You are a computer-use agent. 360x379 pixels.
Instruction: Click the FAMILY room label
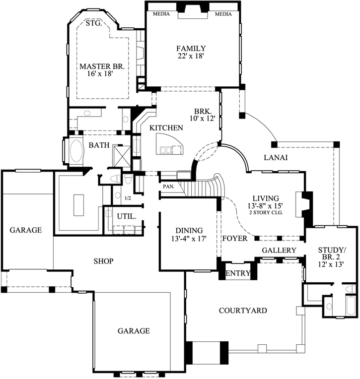191,48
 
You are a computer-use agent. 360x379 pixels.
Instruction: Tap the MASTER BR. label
101,65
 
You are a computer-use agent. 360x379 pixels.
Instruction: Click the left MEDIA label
161,14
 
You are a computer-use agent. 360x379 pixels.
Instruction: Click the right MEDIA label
223,14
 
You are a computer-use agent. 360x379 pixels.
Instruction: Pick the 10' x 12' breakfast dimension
204,119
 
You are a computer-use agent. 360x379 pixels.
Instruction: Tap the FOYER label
234,238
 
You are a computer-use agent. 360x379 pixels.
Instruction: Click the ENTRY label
238,274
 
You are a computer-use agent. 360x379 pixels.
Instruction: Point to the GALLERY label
279,250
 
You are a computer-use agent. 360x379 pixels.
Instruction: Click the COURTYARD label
243,311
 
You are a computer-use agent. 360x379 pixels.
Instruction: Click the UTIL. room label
124,217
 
